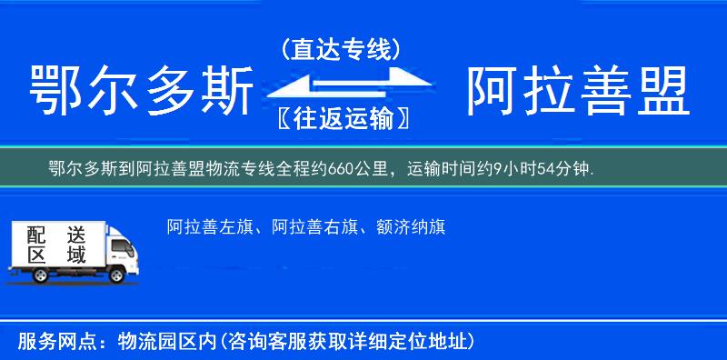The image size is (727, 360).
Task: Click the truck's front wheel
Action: coord(118,274)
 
